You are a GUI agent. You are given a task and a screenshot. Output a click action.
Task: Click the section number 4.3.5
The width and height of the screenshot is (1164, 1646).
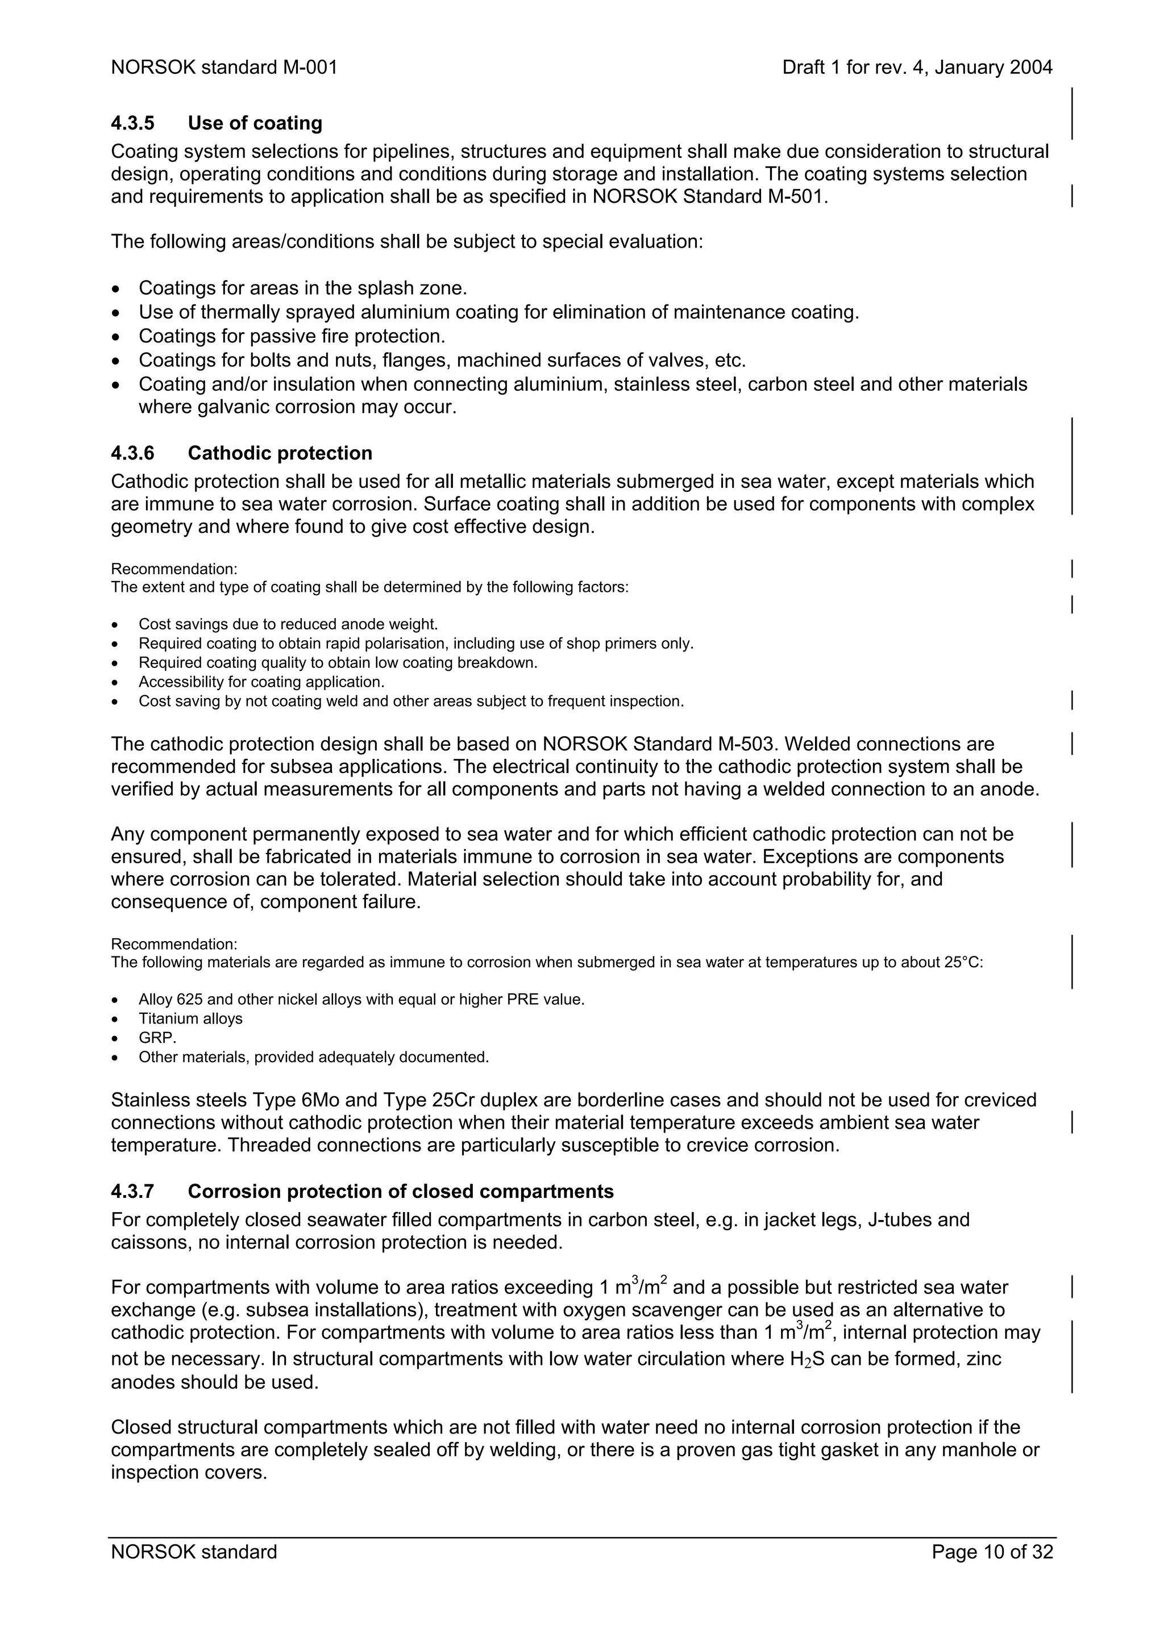pos(132,123)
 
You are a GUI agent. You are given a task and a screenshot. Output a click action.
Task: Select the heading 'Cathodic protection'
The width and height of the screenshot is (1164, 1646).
pos(280,453)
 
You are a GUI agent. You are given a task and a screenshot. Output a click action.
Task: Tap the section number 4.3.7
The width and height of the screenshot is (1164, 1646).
pos(132,1192)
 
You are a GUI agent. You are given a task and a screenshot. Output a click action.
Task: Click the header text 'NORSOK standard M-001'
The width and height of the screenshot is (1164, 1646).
pos(224,68)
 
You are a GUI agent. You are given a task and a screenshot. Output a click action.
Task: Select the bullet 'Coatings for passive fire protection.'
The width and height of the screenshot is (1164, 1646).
pos(292,336)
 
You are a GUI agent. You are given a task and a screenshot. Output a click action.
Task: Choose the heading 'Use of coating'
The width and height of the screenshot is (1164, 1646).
pos(255,123)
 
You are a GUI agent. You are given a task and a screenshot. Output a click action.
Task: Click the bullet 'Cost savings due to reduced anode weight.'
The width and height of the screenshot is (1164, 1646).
pos(288,624)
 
